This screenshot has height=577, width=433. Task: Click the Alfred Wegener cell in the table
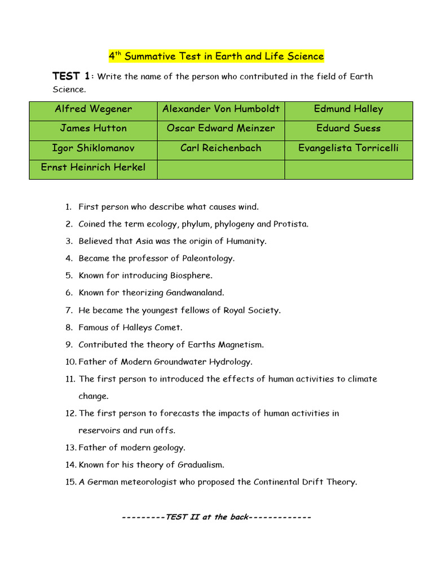pyautogui.click(x=93, y=109)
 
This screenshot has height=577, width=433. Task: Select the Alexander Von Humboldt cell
pyautogui.click(x=221, y=109)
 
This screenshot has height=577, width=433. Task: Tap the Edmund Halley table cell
pyautogui.click(x=348, y=109)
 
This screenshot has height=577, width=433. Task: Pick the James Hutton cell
pyautogui.click(x=93, y=128)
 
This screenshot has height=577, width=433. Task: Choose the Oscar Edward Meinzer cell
pyautogui.click(x=221, y=128)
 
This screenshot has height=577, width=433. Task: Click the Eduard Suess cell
pyautogui.click(x=348, y=128)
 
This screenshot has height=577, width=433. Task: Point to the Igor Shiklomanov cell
pyautogui.click(x=93, y=148)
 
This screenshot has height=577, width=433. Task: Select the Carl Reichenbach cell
pyautogui.click(x=221, y=148)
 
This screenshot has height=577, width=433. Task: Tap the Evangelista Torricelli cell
pyautogui.click(x=348, y=148)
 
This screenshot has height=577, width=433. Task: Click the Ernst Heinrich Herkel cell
pyautogui.click(x=93, y=167)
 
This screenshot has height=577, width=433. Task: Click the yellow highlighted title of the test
pyautogui.click(x=216, y=56)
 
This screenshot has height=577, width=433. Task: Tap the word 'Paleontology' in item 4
pyautogui.click(x=208, y=259)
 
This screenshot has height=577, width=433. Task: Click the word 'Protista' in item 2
pyautogui.click(x=290, y=224)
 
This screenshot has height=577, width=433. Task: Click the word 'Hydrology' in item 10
pyautogui.click(x=231, y=362)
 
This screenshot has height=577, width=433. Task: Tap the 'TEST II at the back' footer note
pyautogui.click(x=216, y=517)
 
